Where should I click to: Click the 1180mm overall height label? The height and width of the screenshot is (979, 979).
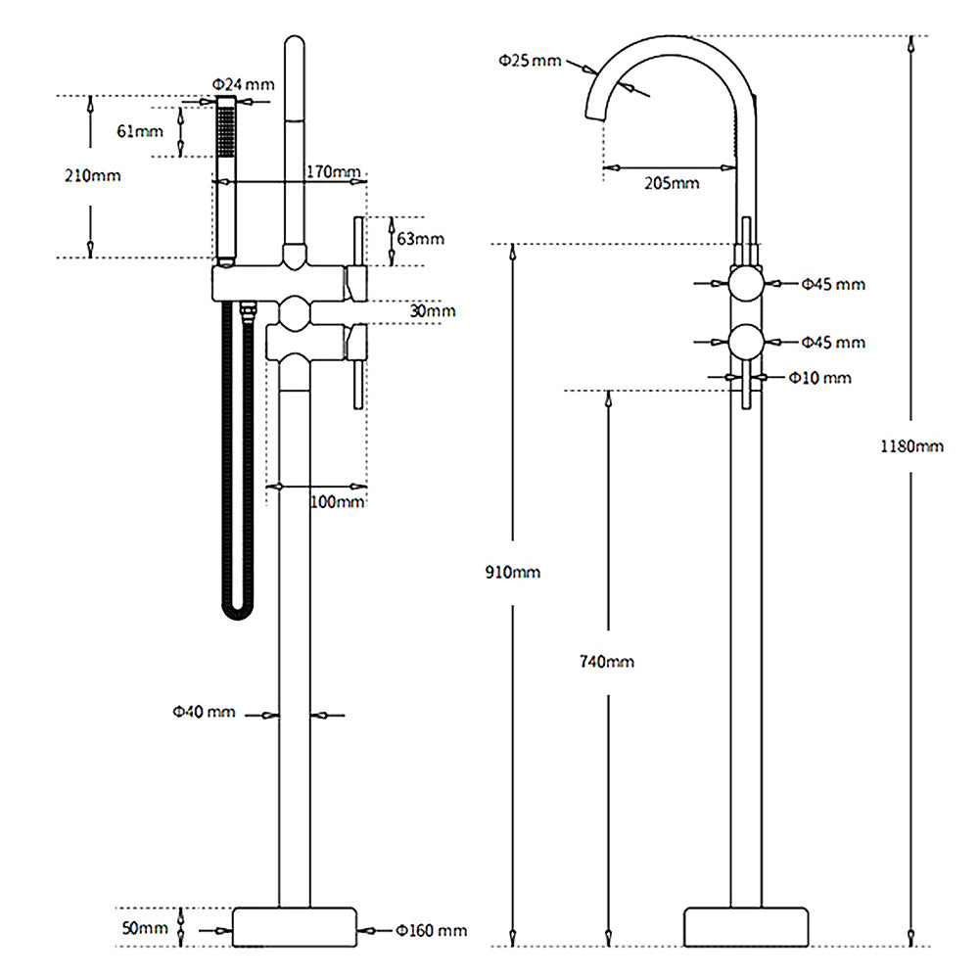tap(912, 446)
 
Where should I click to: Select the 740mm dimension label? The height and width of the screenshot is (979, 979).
tap(607, 661)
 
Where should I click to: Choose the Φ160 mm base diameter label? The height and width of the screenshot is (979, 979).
tap(431, 930)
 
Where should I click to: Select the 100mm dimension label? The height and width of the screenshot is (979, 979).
tap(337, 501)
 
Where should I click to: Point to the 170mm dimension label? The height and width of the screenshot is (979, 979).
tap(333, 172)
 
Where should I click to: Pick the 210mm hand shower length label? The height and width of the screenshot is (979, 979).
tap(93, 175)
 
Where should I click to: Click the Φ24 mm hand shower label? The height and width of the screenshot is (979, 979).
tap(243, 83)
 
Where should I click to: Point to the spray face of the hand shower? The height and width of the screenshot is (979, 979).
tap(226, 128)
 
